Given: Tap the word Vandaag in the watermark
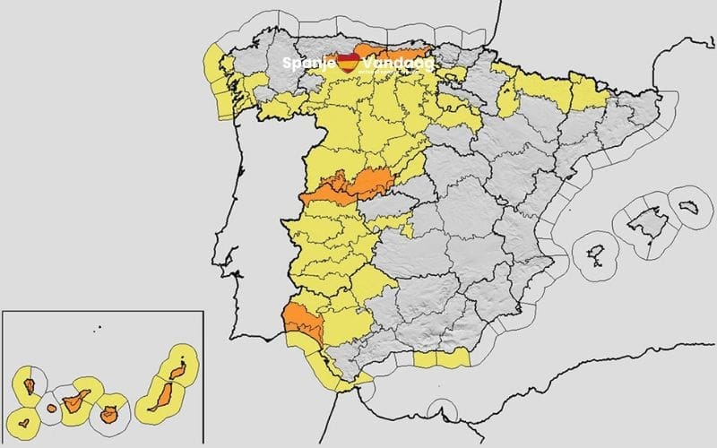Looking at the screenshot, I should (397, 64).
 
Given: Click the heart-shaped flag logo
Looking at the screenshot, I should (349, 63).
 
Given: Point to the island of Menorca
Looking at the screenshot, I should (689, 206).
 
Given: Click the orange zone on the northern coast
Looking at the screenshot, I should (393, 52).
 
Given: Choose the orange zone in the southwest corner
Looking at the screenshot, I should (299, 321).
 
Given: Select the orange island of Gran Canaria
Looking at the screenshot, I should (111, 415).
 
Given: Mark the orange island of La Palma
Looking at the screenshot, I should (30, 387).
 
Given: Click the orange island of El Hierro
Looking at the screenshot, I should (24, 419).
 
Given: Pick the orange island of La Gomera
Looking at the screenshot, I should (52, 409).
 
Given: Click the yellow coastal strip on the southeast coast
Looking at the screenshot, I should (442, 358).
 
